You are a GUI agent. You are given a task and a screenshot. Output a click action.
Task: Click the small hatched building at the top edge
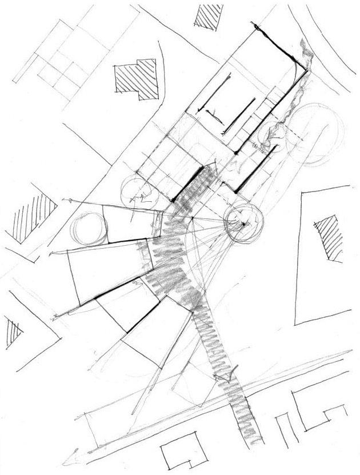point(204,16)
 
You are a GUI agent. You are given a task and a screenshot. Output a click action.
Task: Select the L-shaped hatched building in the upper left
point(135,78)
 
